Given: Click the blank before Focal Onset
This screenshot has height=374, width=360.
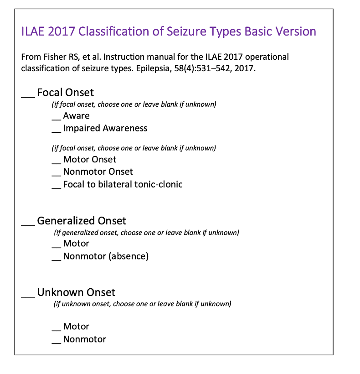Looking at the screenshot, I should pyautogui.click(x=28, y=96).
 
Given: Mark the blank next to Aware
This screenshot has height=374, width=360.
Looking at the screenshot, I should pyautogui.click(x=56, y=119).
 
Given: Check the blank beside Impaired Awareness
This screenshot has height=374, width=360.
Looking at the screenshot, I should pyautogui.click(x=56, y=131).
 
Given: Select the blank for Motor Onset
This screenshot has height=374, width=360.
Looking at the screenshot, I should pyautogui.click(x=56, y=162).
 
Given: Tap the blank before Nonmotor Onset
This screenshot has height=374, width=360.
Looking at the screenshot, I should pyautogui.click(x=56, y=175).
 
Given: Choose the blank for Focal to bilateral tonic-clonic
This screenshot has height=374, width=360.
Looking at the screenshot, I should pyautogui.click(x=56, y=187).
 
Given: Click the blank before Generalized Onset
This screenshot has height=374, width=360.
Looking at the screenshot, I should pyautogui.click(x=28, y=224).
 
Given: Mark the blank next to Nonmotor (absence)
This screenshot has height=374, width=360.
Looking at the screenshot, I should pyautogui.click(x=56, y=260).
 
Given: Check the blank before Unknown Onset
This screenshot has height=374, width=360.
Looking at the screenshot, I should pyautogui.click(x=28, y=296).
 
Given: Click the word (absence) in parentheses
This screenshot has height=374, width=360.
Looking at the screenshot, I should pyautogui.click(x=129, y=256).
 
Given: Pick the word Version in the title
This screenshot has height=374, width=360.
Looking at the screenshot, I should pyautogui.click(x=297, y=31).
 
